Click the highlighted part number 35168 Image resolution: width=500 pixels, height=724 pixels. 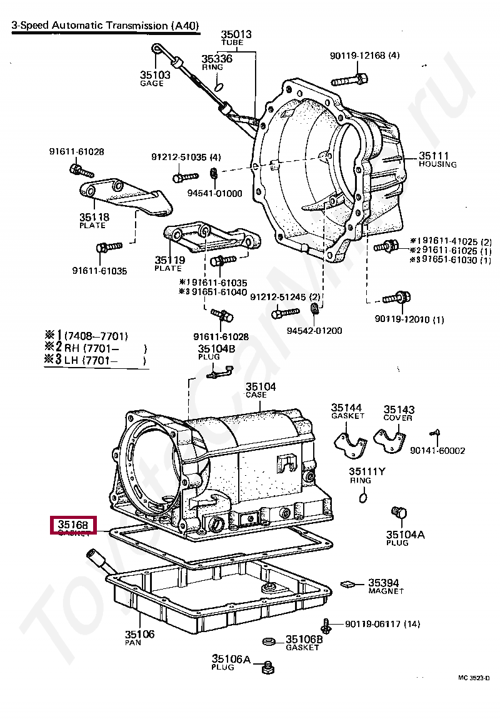click(73, 525)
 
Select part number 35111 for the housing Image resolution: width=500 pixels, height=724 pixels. click(434, 156)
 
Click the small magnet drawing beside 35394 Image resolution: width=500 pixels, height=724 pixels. click(348, 584)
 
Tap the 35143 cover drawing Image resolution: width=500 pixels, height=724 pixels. click(390, 440)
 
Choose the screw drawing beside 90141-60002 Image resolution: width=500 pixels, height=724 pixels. click(437, 433)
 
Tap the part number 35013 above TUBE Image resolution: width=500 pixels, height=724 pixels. click(236, 34)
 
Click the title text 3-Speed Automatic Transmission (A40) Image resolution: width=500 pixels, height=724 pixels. click(106, 26)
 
